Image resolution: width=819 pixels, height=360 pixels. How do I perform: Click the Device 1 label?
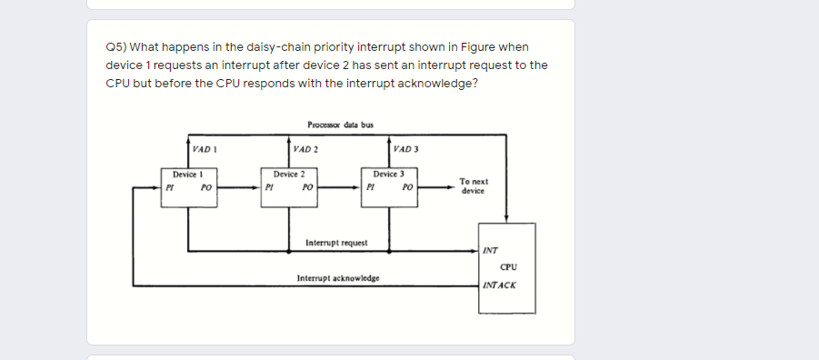pos(186,173)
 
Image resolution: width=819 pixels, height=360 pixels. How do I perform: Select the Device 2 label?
pos(288,173)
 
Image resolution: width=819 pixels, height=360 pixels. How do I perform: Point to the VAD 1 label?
pos(203,149)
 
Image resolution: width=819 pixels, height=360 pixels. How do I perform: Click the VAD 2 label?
pos(305,149)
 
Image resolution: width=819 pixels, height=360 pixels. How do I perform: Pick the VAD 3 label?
pos(406,149)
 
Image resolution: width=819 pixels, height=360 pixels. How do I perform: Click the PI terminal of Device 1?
pos(169,188)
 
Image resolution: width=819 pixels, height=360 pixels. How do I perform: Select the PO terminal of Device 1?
pos(206,188)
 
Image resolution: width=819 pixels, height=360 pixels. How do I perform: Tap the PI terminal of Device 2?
pos(270,188)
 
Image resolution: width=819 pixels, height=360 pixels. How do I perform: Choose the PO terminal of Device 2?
pos(308,188)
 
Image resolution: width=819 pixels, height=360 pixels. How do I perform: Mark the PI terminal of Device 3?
pos(371,188)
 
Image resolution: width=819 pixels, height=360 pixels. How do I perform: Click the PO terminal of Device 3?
pos(408,188)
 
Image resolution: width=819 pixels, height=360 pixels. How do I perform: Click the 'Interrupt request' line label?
pos(336,243)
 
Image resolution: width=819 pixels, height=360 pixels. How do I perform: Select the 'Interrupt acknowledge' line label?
pos(338,277)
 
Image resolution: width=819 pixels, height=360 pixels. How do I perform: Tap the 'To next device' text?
pos(474,186)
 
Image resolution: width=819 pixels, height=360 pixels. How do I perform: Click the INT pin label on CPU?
pos(491,250)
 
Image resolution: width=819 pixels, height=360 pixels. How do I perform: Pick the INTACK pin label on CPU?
pos(499,285)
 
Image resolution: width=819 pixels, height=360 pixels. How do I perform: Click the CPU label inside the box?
pos(508,266)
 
